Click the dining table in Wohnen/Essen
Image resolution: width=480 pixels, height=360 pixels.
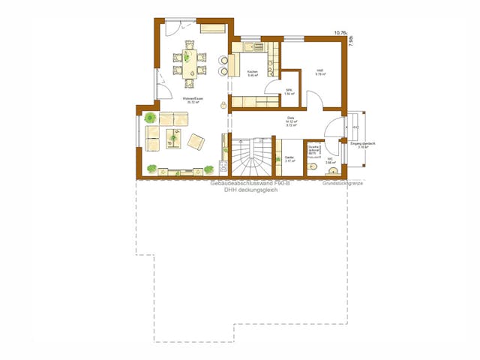[189, 61]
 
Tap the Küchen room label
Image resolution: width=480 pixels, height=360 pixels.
[252, 73]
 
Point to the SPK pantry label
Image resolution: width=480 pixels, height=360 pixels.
[289, 91]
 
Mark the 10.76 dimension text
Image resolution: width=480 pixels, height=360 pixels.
[340, 34]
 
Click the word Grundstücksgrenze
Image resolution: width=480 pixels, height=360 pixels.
[343, 183]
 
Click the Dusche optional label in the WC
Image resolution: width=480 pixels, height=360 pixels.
[314, 149]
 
